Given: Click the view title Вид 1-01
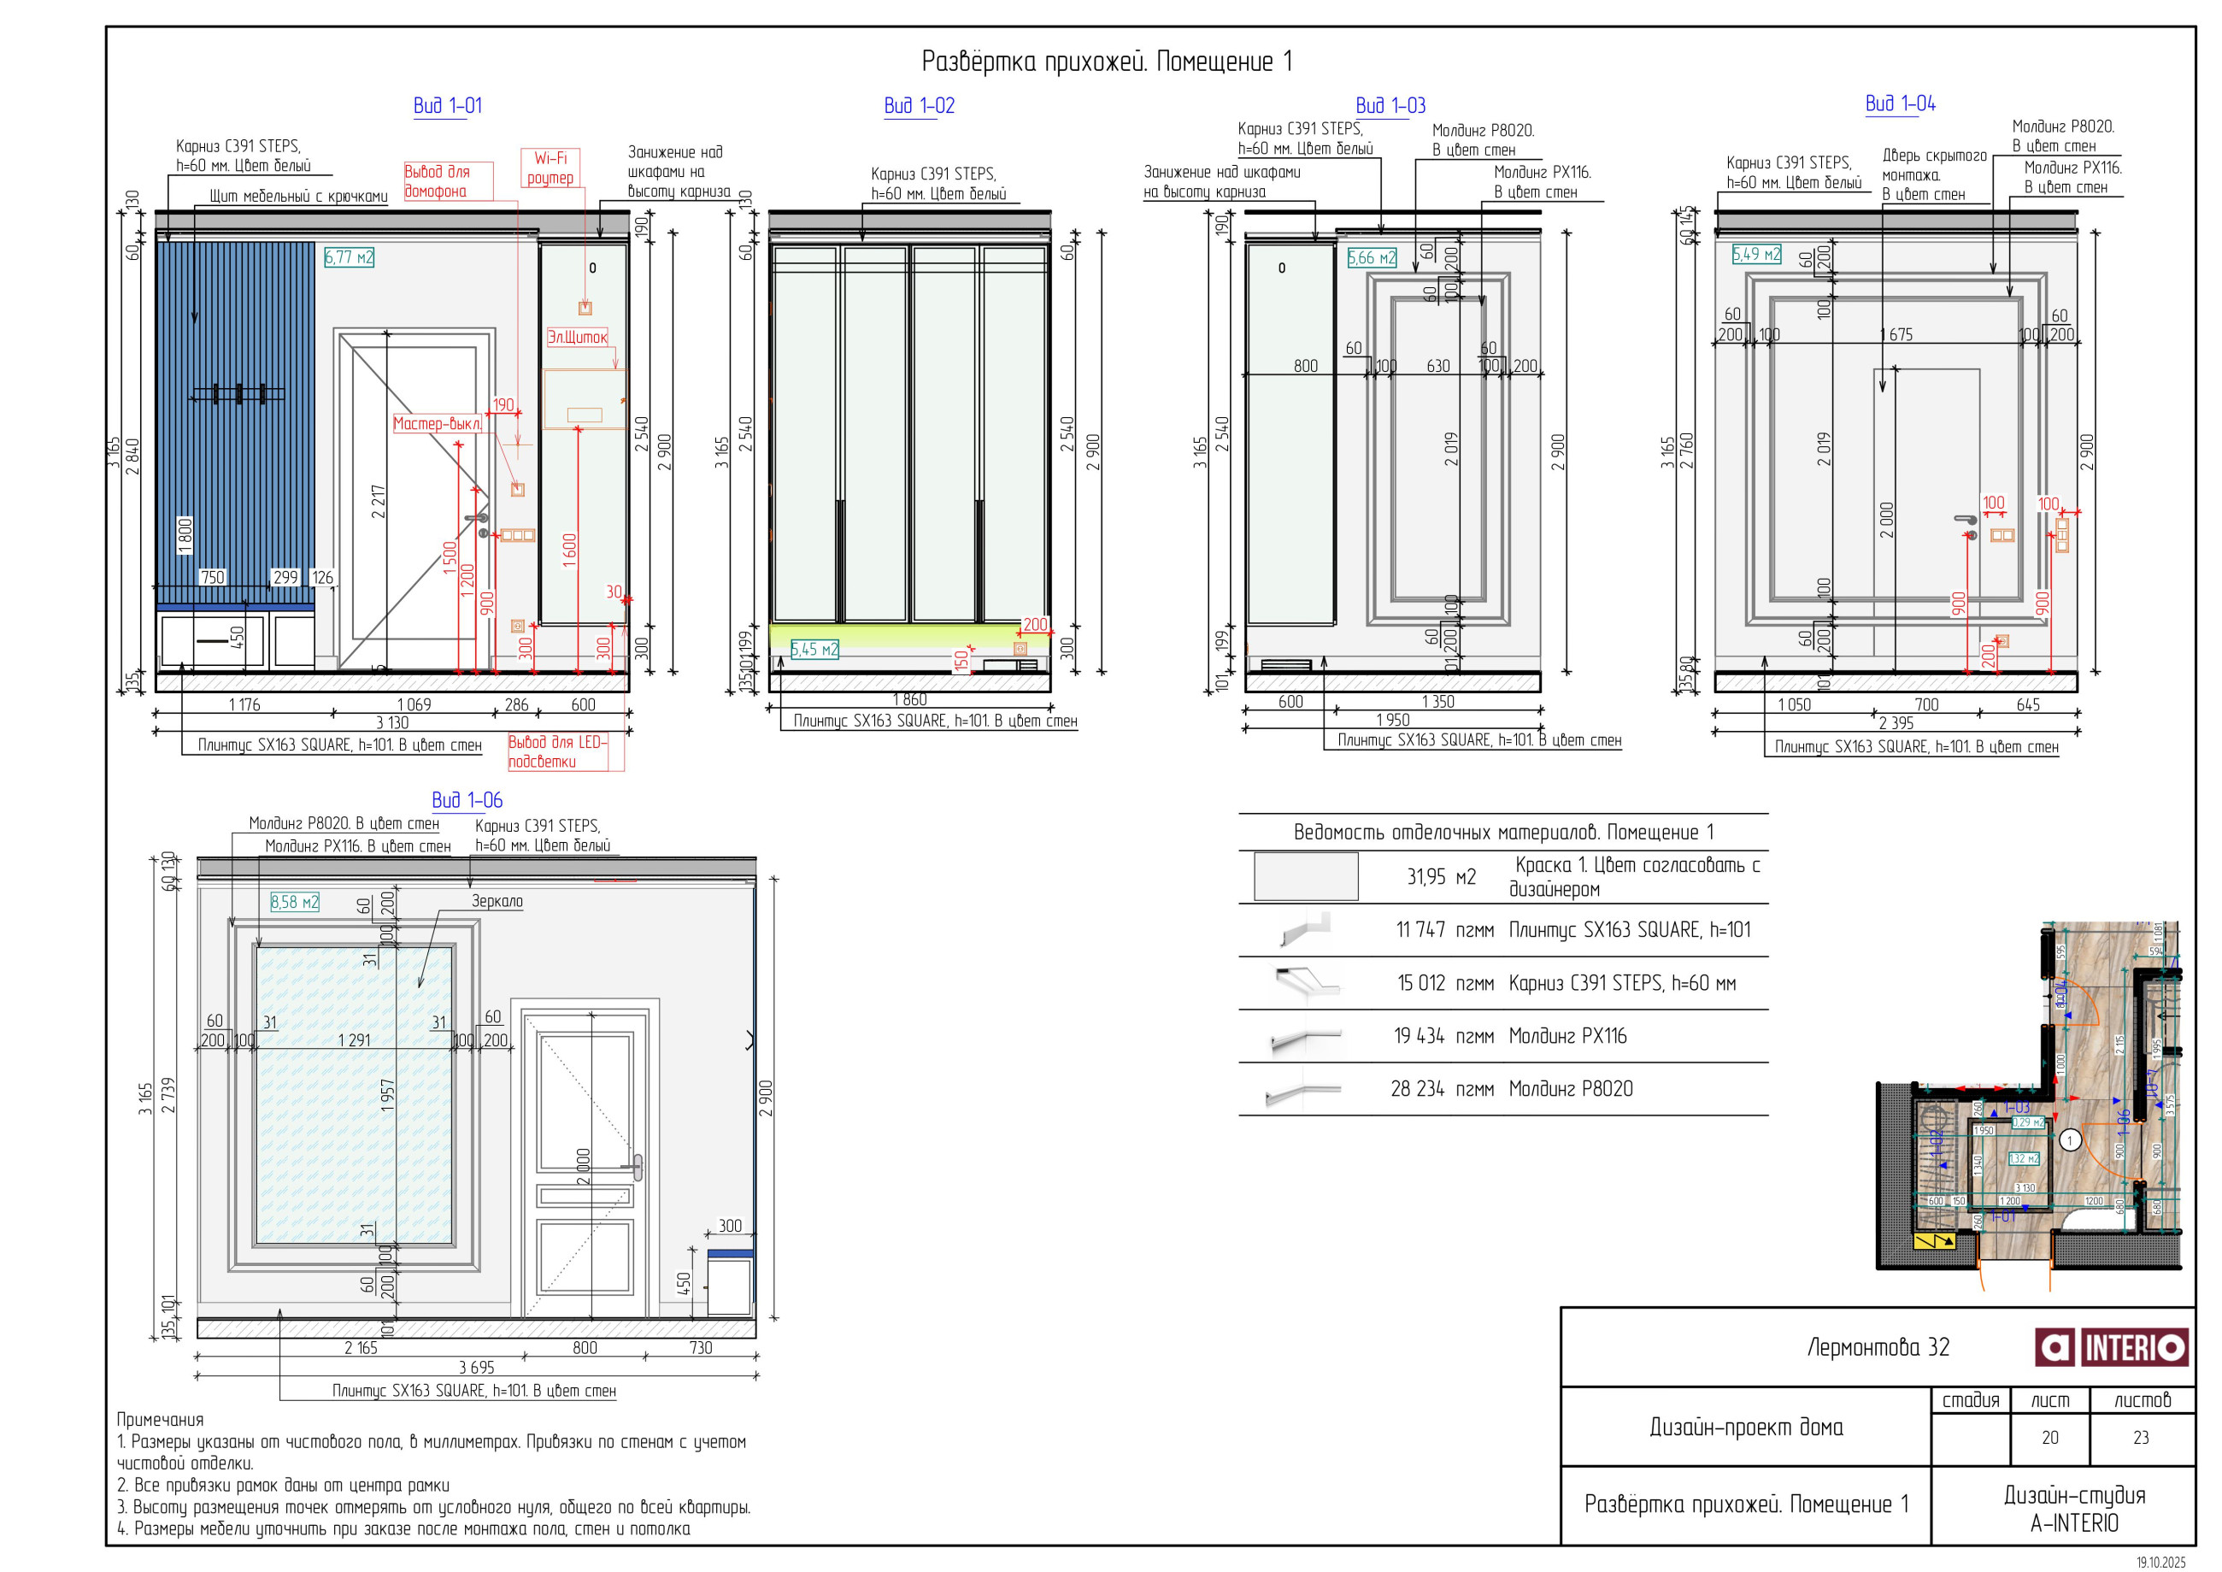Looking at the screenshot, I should click(x=447, y=105).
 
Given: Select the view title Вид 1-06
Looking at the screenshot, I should click(x=467, y=799).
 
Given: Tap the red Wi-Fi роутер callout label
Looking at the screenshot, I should click(x=550, y=168).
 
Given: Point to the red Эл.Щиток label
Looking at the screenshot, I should click(x=577, y=337).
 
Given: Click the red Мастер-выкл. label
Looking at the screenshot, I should click(x=437, y=423).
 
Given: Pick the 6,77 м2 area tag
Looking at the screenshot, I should click(x=349, y=256).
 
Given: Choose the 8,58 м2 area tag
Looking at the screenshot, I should click(x=294, y=901).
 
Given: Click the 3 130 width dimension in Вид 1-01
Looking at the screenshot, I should click(x=392, y=722).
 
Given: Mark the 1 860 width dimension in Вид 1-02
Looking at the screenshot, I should click(x=908, y=699).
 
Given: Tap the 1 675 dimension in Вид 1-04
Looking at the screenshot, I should click(x=1895, y=334).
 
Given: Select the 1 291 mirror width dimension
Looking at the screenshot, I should click(x=354, y=1039).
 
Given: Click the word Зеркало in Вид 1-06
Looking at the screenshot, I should click(x=497, y=900).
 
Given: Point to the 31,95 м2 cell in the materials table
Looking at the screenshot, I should click(x=1440, y=876).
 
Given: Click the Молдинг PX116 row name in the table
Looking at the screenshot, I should click(x=1567, y=1036).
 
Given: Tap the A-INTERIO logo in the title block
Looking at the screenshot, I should click(x=2111, y=1346).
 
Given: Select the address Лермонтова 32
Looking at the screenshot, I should click(x=1878, y=1346).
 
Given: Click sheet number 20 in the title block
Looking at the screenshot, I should click(x=2049, y=1438).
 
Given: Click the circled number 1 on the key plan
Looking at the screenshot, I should click(x=2069, y=1140).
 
